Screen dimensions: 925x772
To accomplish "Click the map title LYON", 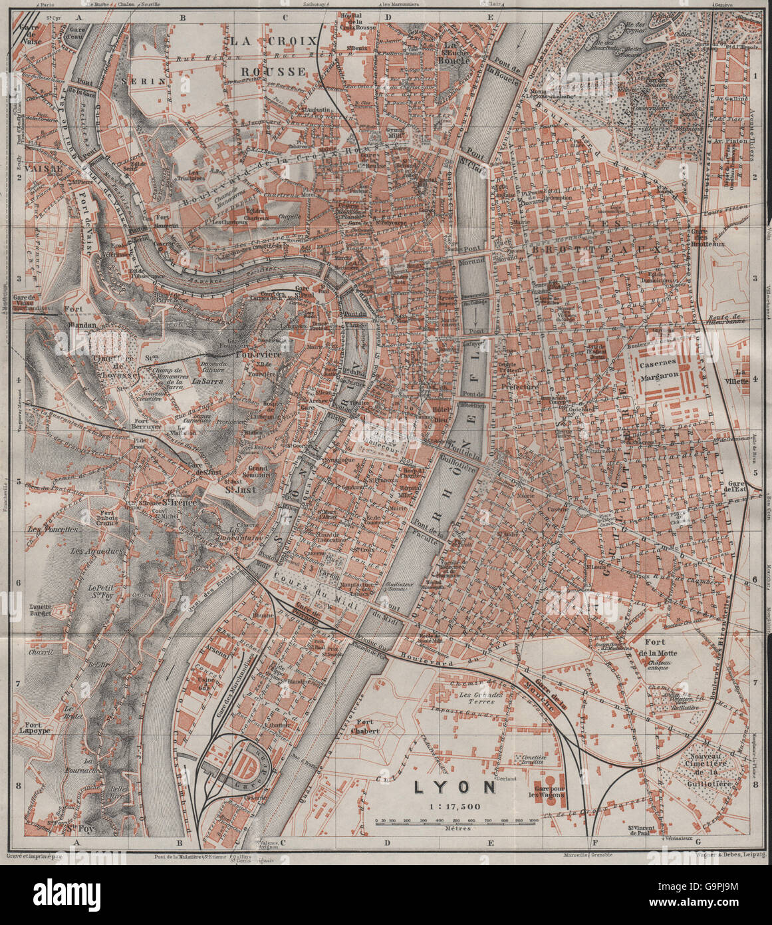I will [455, 787].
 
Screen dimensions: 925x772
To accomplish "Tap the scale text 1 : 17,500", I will [455, 806].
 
